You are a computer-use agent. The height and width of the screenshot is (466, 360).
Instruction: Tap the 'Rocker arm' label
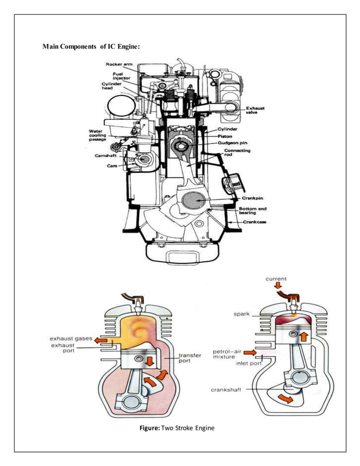(119, 64)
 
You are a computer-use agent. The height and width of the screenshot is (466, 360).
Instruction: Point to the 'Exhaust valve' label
(255, 109)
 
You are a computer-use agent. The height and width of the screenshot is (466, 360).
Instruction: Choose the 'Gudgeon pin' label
(238, 144)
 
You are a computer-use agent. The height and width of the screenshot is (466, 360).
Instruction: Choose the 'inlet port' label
(248, 364)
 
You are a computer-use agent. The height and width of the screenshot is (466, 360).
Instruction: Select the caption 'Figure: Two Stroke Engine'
(177, 428)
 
